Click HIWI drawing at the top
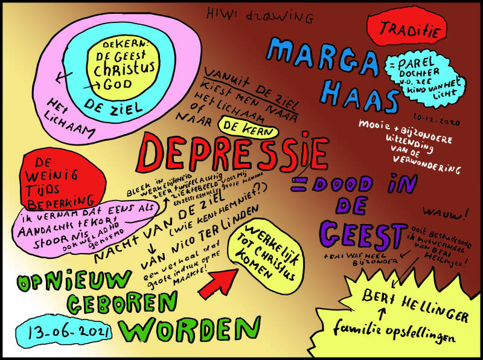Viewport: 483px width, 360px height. tap(256, 15)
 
